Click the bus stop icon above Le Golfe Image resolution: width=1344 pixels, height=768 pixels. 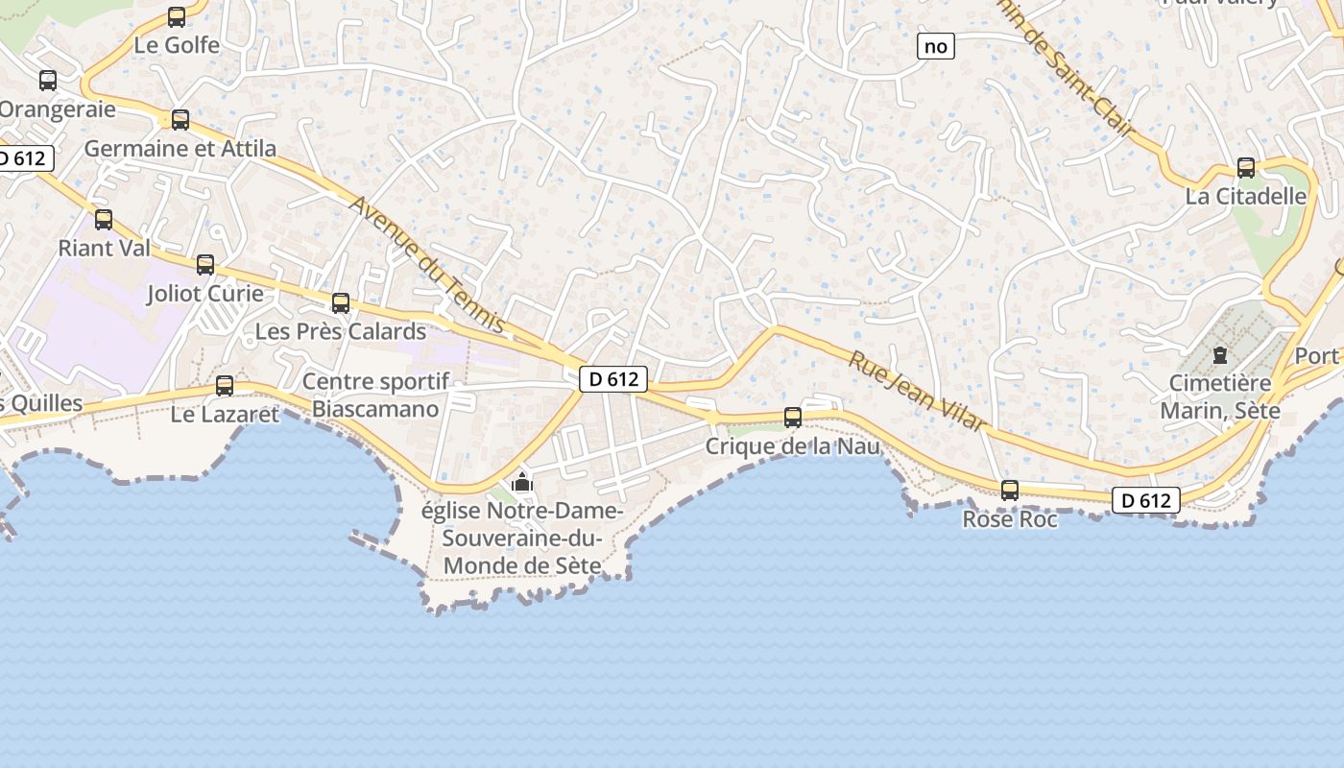(177, 17)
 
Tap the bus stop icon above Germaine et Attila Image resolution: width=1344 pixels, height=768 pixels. (180, 120)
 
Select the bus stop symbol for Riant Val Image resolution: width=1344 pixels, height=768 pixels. (104, 220)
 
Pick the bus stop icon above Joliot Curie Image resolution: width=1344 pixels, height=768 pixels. (205, 265)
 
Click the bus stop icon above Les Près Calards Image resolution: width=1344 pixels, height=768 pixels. (341, 303)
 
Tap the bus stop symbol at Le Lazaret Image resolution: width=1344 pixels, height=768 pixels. (225, 386)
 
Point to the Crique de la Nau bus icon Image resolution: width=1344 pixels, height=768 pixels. (793, 418)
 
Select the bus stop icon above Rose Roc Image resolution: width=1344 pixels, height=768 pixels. (1010, 491)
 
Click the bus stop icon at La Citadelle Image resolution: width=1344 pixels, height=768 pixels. (1246, 168)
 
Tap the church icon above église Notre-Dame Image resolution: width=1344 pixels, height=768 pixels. (522, 482)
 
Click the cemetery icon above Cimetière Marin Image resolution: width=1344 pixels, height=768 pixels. (1220, 355)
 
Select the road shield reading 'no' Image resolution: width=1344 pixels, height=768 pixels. (936, 46)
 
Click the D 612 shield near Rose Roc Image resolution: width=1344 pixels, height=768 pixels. (1146, 500)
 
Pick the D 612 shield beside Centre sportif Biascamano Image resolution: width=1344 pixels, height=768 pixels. (614, 379)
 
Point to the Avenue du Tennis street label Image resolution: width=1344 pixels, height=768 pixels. (427, 265)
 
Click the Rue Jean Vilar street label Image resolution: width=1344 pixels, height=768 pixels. (917, 391)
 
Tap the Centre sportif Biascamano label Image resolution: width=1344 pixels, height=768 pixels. (375, 396)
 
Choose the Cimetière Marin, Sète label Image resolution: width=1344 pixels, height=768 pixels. (1220, 396)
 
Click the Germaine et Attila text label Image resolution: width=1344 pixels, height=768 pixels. (180, 149)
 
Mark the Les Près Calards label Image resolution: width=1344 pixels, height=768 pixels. (341, 332)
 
